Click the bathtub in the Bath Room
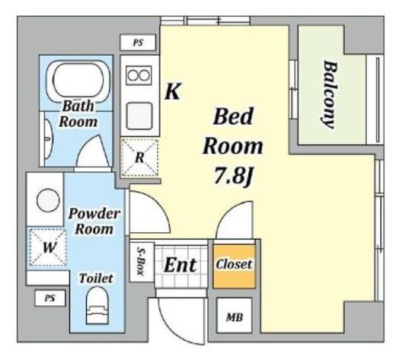(x=78, y=81)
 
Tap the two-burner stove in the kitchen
(x=139, y=75)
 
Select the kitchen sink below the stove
(x=139, y=116)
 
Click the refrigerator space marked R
(x=139, y=158)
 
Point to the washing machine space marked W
(x=48, y=247)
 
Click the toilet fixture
(x=97, y=305)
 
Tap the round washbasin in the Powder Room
(x=48, y=200)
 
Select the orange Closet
(x=234, y=266)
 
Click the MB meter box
(x=235, y=315)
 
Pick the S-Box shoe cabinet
(x=142, y=262)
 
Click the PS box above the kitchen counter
(x=138, y=43)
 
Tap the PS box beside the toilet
(x=50, y=298)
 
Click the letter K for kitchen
(x=173, y=91)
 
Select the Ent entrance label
(x=180, y=265)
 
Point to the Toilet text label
(x=96, y=279)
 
